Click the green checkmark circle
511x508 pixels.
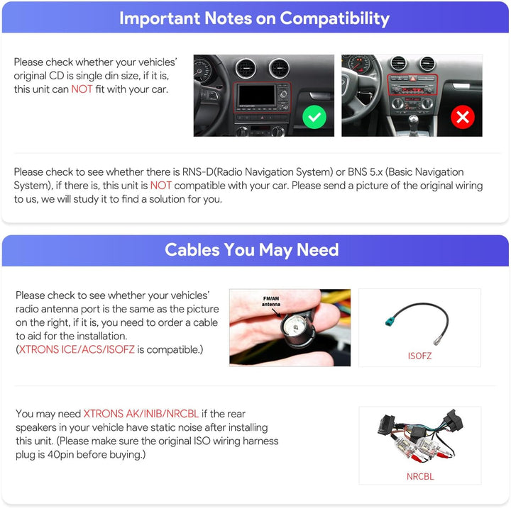point(314,117)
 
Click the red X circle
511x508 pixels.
point(463,117)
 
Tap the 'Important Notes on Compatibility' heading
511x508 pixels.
point(254,18)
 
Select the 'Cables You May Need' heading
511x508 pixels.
point(251,250)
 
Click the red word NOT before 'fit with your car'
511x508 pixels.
point(82,89)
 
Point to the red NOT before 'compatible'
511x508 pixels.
point(160,186)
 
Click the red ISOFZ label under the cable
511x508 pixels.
point(419,356)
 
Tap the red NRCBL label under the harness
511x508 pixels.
point(420,476)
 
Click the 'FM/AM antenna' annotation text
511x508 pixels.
point(271,301)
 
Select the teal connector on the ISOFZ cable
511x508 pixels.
point(390,322)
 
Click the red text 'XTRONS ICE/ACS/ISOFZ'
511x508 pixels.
point(77,349)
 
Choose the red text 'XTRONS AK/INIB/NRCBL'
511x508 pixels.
point(141,414)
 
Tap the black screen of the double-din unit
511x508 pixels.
point(257,95)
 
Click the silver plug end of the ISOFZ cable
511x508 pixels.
point(438,342)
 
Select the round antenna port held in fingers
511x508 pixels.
point(294,327)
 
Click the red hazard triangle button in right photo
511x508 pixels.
point(412,79)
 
